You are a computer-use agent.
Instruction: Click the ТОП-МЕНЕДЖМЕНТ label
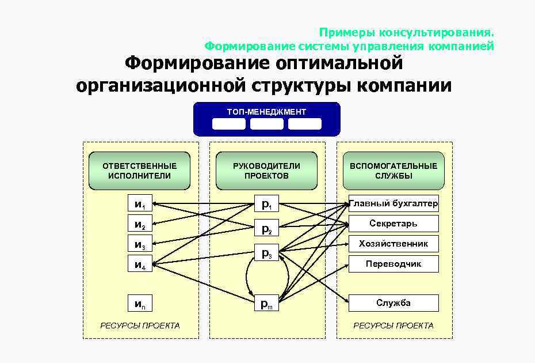[x=266, y=112]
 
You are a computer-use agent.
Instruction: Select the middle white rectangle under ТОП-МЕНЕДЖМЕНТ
[x=266, y=123]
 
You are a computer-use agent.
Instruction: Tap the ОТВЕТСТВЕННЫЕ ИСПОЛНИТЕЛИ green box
[x=139, y=171]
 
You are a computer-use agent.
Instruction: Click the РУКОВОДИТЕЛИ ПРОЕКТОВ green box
[x=266, y=171]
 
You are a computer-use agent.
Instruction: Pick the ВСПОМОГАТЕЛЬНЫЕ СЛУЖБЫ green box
[x=393, y=171]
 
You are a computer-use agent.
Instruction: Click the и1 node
[x=140, y=204]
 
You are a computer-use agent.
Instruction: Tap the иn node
[x=140, y=303]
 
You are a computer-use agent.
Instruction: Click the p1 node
[x=266, y=204]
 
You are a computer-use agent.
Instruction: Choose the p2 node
[x=266, y=228]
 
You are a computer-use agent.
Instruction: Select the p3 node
[x=266, y=252]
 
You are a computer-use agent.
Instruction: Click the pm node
[x=266, y=303]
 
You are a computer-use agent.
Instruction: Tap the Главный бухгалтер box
[x=393, y=203]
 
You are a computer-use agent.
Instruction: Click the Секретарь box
[x=393, y=224]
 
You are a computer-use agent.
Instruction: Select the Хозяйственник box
[x=393, y=244]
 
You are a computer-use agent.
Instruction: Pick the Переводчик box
[x=393, y=264]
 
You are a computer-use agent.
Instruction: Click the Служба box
[x=393, y=303]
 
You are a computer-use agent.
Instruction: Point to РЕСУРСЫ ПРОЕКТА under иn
[x=140, y=326]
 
